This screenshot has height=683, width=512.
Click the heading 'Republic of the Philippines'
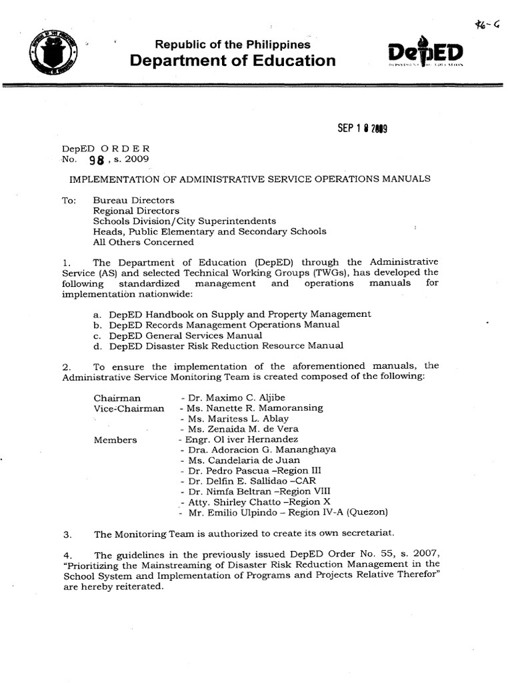pos(233,45)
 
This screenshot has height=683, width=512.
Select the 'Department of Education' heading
pos(233,61)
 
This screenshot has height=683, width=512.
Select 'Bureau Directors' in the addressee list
pos(133,200)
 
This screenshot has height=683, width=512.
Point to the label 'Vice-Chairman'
pos(129,408)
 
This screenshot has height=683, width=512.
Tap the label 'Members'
pos(115,440)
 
